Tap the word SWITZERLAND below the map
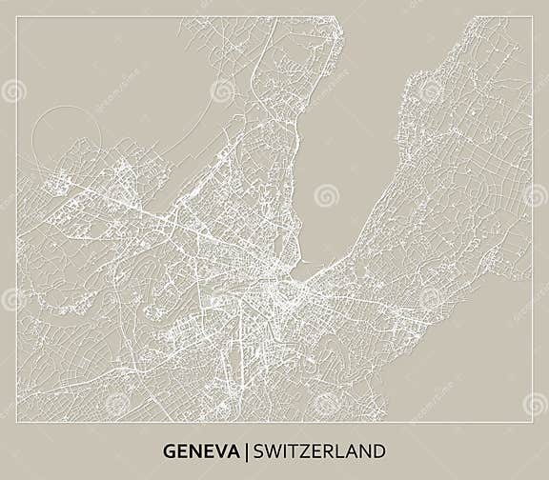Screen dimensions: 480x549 point(317,450)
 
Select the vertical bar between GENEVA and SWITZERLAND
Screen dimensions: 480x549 point(245,450)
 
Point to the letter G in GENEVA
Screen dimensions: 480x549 point(169,450)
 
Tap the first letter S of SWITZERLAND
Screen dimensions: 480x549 point(255,450)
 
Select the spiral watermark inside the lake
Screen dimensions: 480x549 point(327,195)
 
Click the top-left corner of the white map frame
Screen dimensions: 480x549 point(17,17)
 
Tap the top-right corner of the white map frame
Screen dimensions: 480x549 point(532,17)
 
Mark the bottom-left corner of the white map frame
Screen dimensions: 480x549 point(17,420)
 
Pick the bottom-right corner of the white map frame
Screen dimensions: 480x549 point(532,420)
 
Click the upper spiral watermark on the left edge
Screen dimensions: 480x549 point(13,91)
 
